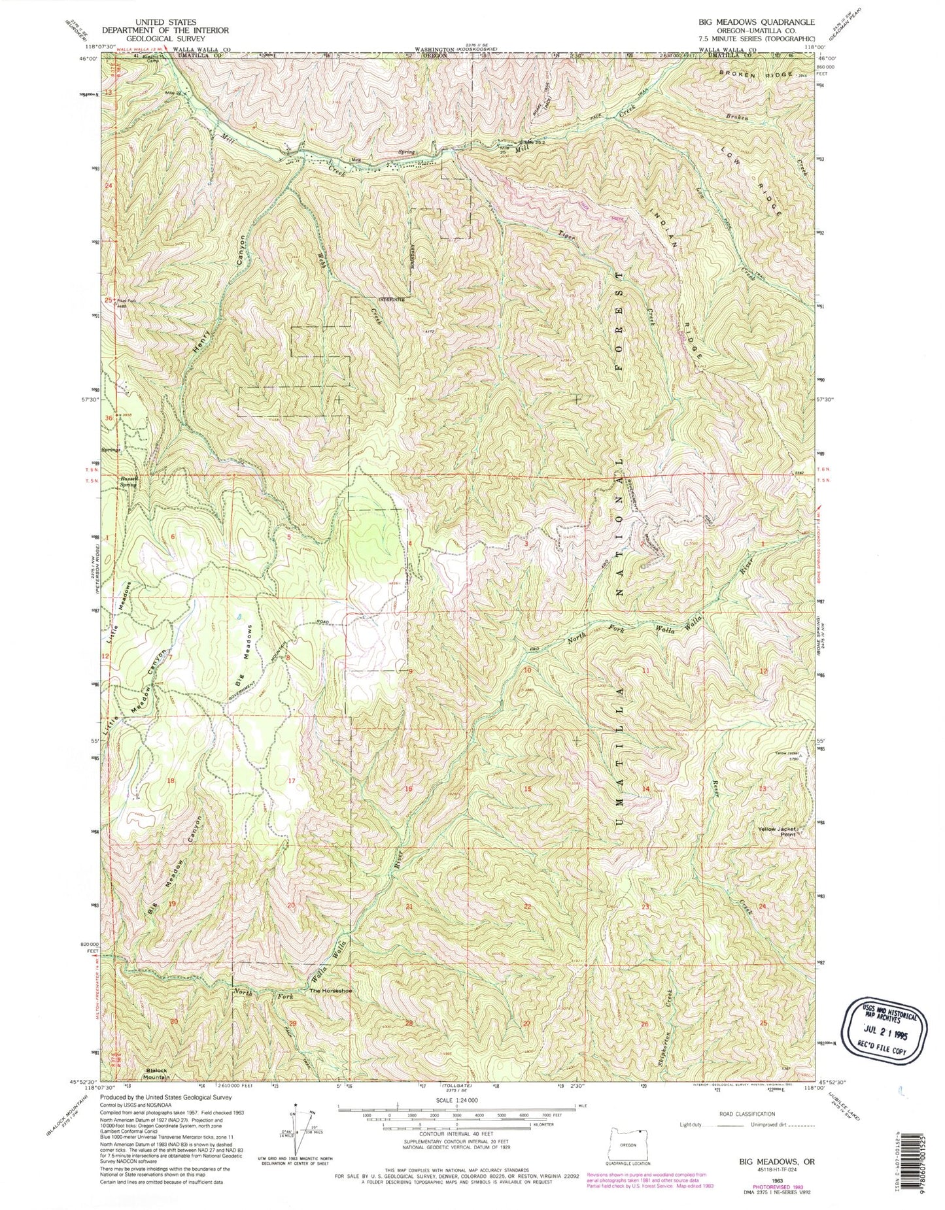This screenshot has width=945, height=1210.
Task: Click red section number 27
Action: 527,1022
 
